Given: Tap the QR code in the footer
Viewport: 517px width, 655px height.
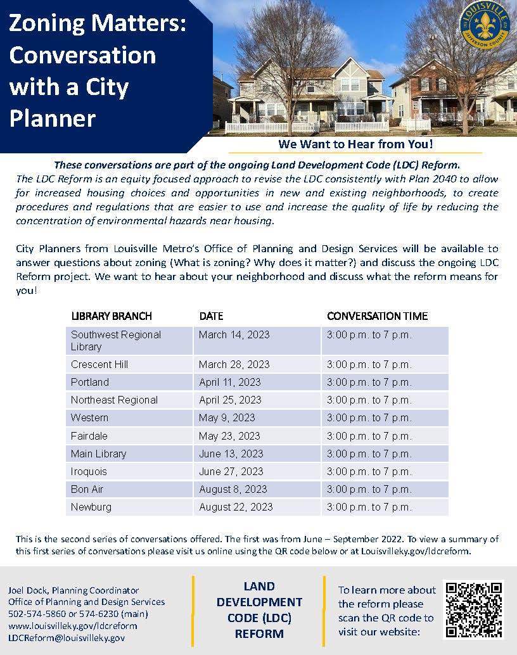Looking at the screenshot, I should [473, 610].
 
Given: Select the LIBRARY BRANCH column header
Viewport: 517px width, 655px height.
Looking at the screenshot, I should [112, 315].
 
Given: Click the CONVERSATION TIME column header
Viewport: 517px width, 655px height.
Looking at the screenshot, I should [377, 315].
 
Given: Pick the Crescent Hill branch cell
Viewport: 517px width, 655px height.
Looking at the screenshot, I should [99, 364].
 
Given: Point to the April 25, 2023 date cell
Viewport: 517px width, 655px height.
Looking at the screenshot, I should [230, 400].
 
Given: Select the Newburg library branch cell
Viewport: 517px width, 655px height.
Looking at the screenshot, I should [91, 507].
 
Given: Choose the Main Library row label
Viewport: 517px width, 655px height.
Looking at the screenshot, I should [99, 454].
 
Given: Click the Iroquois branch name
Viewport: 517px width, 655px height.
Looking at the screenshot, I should [89, 471].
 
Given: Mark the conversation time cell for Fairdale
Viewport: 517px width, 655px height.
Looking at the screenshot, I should [369, 436].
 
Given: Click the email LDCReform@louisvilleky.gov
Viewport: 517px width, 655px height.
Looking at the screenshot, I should [67, 638].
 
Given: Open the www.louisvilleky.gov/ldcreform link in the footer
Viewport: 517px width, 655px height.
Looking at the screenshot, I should [72, 626].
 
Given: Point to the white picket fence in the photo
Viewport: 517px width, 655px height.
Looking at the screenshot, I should [272, 127].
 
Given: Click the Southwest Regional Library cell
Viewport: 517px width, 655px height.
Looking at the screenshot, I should [116, 340].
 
